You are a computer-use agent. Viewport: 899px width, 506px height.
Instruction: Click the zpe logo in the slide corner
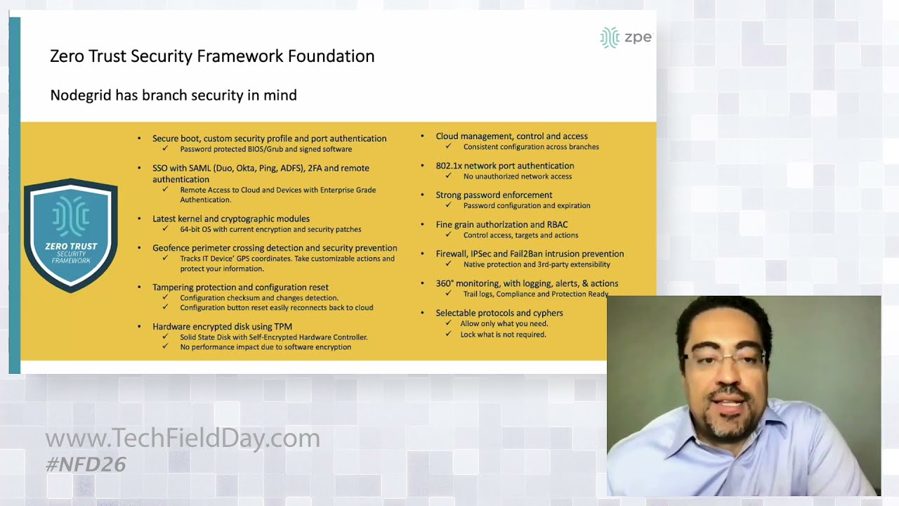(x=626, y=37)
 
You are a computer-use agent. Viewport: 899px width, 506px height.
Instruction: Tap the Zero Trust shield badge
(x=71, y=235)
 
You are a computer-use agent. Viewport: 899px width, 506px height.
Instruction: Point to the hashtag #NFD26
(x=85, y=464)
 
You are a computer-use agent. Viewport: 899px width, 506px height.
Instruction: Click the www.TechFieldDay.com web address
(x=183, y=439)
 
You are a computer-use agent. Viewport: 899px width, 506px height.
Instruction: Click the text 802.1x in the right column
(x=448, y=166)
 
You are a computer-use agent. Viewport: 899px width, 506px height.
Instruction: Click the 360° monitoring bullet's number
(x=445, y=283)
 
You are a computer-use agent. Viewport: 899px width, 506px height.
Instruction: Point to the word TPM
(x=283, y=326)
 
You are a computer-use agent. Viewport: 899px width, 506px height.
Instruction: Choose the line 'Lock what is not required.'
(x=503, y=335)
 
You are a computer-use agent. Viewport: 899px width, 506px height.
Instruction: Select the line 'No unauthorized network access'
(x=517, y=176)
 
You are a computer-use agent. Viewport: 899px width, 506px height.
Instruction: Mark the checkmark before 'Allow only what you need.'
(x=448, y=324)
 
